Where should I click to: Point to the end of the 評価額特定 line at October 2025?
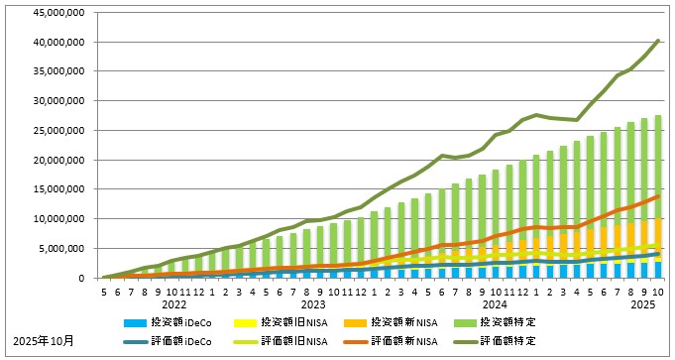point(658,41)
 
